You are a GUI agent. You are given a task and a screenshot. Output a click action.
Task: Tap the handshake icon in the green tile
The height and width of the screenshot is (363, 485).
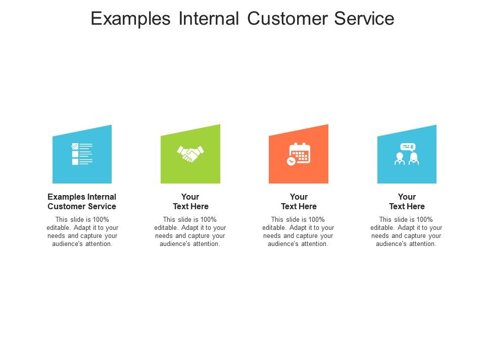(190, 153)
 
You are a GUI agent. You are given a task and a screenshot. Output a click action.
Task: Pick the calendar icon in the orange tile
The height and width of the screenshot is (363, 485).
(299, 154)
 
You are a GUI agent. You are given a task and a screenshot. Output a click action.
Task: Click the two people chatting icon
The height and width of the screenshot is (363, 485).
(407, 154)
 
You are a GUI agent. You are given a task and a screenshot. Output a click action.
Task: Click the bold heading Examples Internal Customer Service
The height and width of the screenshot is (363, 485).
(82, 202)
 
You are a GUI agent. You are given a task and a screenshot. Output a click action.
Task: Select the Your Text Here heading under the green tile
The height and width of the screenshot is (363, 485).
(190, 202)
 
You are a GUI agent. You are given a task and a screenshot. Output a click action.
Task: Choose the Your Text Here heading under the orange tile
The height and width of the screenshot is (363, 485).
(299, 202)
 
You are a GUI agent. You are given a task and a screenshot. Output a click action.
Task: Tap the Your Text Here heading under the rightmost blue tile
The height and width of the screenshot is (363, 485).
(407, 202)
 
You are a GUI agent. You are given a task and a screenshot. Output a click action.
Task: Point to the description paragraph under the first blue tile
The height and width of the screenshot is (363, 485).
(82, 231)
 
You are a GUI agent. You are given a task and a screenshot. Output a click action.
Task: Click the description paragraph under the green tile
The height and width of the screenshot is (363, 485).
(190, 231)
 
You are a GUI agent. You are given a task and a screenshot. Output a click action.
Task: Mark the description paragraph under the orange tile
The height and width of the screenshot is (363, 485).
(299, 231)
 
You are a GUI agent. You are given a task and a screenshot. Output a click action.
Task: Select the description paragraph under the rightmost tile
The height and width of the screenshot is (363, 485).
(407, 231)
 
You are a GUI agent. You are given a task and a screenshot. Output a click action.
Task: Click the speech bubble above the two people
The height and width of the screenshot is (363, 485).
(408, 147)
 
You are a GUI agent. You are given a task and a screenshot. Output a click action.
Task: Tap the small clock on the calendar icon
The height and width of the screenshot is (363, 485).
(291, 161)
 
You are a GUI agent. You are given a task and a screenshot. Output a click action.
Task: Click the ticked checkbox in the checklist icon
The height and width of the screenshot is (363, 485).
(75, 146)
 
